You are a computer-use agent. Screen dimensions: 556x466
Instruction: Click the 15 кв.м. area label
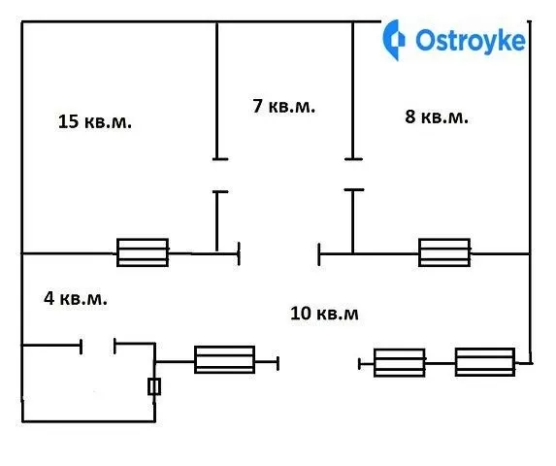coord(95,121)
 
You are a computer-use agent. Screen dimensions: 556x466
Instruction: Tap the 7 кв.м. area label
coord(283,106)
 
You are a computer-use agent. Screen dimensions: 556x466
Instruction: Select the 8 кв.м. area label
coord(437,116)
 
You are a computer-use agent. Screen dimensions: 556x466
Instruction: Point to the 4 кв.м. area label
coord(75,299)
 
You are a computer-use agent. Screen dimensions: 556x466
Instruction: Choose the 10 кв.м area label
coord(324,314)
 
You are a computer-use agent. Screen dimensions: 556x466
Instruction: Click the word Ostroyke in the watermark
coord(471,41)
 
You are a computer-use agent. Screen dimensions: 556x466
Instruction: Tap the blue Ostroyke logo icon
coord(394,40)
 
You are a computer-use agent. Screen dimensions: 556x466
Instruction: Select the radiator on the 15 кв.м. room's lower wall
coord(143,252)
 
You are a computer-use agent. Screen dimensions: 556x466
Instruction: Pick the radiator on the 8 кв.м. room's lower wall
coord(444,252)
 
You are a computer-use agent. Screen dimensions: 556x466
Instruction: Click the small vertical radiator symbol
coord(154,386)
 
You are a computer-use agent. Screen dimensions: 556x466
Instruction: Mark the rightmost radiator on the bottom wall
coord(485,362)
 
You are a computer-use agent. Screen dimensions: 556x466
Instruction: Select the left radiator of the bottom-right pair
coord(399,363)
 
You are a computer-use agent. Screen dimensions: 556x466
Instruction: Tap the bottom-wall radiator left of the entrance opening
coord(224,359)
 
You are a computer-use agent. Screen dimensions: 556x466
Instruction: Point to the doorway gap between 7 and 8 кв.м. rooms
coord(353,175)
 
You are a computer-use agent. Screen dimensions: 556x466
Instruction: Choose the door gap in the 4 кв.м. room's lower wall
coord(98,345)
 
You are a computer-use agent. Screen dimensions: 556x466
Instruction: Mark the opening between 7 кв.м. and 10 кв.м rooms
coord(279,254)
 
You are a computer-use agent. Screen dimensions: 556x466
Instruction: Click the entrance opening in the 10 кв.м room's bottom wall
coord(319,363)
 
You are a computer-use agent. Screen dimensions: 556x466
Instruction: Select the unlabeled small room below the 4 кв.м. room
coord(88,383)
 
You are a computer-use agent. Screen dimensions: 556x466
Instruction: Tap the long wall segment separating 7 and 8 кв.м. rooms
coord(352,90)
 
